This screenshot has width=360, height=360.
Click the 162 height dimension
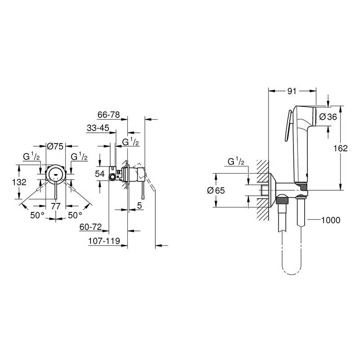tap(341, 148)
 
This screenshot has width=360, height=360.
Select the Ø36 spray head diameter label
tap(328, 117)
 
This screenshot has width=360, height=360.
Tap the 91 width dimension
tap(292, 91)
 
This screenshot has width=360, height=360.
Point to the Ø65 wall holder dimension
tap(216, 190)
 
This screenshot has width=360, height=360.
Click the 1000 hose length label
tap(331, 220)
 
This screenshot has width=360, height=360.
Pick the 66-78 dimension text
tap(108, 115)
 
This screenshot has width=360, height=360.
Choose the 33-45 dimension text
tap(98, 128)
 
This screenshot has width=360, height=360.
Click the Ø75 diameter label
tap(55, 146)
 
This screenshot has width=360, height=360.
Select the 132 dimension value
tap(19, 182)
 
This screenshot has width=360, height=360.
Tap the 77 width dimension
tap(55, 206)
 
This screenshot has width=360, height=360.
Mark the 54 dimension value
tap(100, 174)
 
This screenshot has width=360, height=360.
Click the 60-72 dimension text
tap(90, 227)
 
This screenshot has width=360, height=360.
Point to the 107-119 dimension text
tap(104, 241)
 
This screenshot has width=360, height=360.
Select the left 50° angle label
tap(37, 216)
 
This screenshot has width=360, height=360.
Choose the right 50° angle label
tap(75, 216)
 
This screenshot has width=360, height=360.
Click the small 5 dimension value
tap(139, 206)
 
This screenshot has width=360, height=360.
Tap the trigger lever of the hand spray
tap(288, 126)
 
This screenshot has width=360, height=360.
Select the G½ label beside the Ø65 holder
tap(236, 162)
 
